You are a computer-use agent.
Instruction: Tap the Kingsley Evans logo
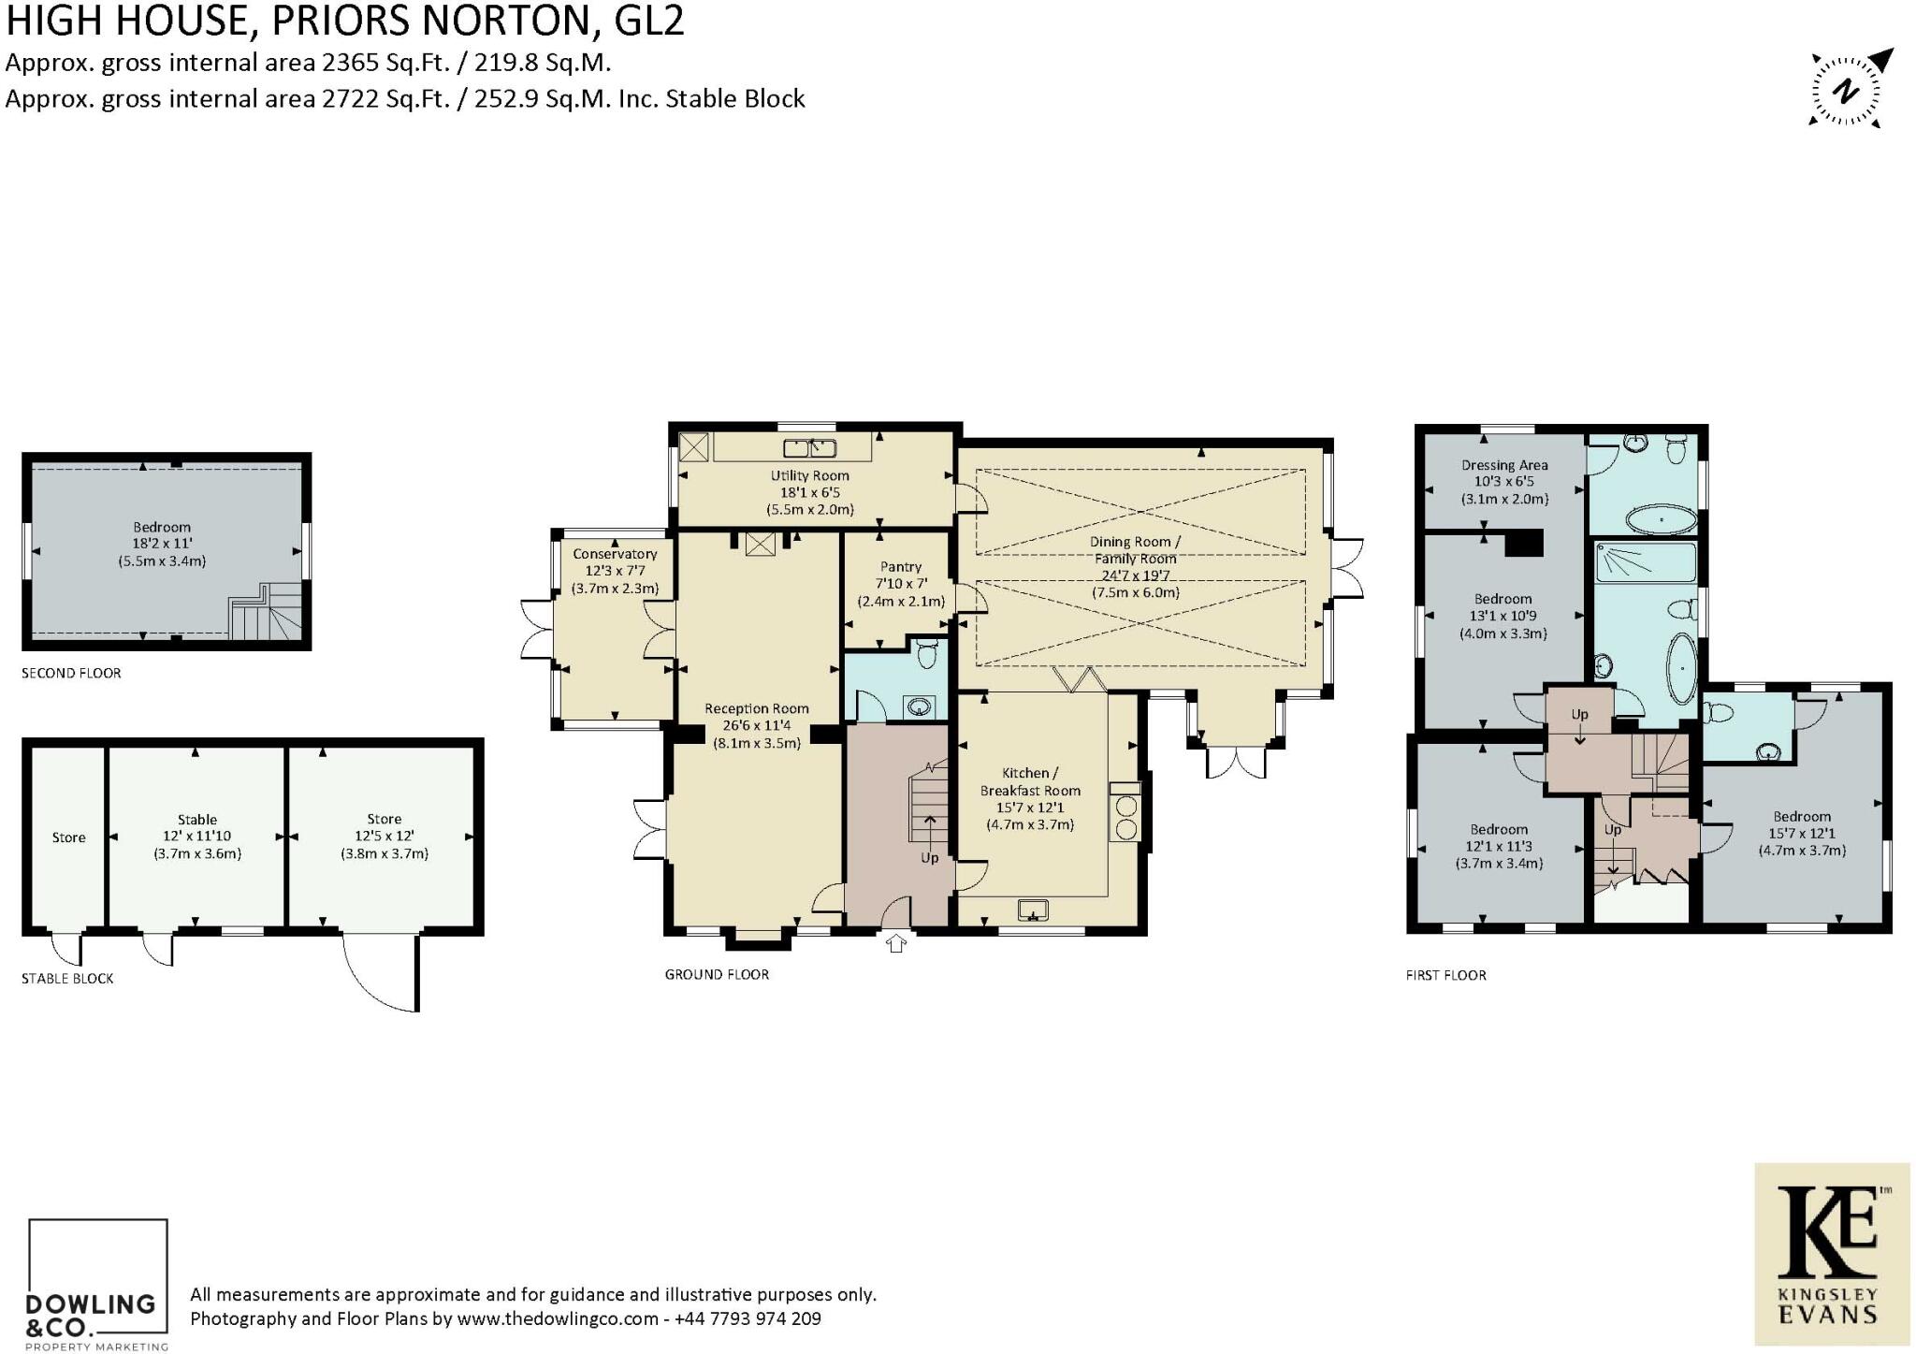[1832, 1253]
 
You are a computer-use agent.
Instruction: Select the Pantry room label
[901, 584]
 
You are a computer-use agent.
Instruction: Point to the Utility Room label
[810, 492]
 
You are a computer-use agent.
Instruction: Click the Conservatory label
[615, 571]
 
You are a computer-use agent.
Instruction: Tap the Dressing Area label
[1504, 482]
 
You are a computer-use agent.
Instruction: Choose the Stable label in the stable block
[197, 836]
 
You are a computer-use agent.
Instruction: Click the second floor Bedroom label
[162, 544]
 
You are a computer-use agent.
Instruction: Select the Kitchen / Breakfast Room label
[1030, 798]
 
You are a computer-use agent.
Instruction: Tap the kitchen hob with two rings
[1126, 818]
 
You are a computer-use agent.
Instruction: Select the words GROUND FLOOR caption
[717, 974]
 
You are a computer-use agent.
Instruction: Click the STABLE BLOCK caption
[67, 978]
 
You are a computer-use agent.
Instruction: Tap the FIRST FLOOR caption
[1445, 975]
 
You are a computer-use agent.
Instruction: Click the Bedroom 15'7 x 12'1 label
[1802, 833]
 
